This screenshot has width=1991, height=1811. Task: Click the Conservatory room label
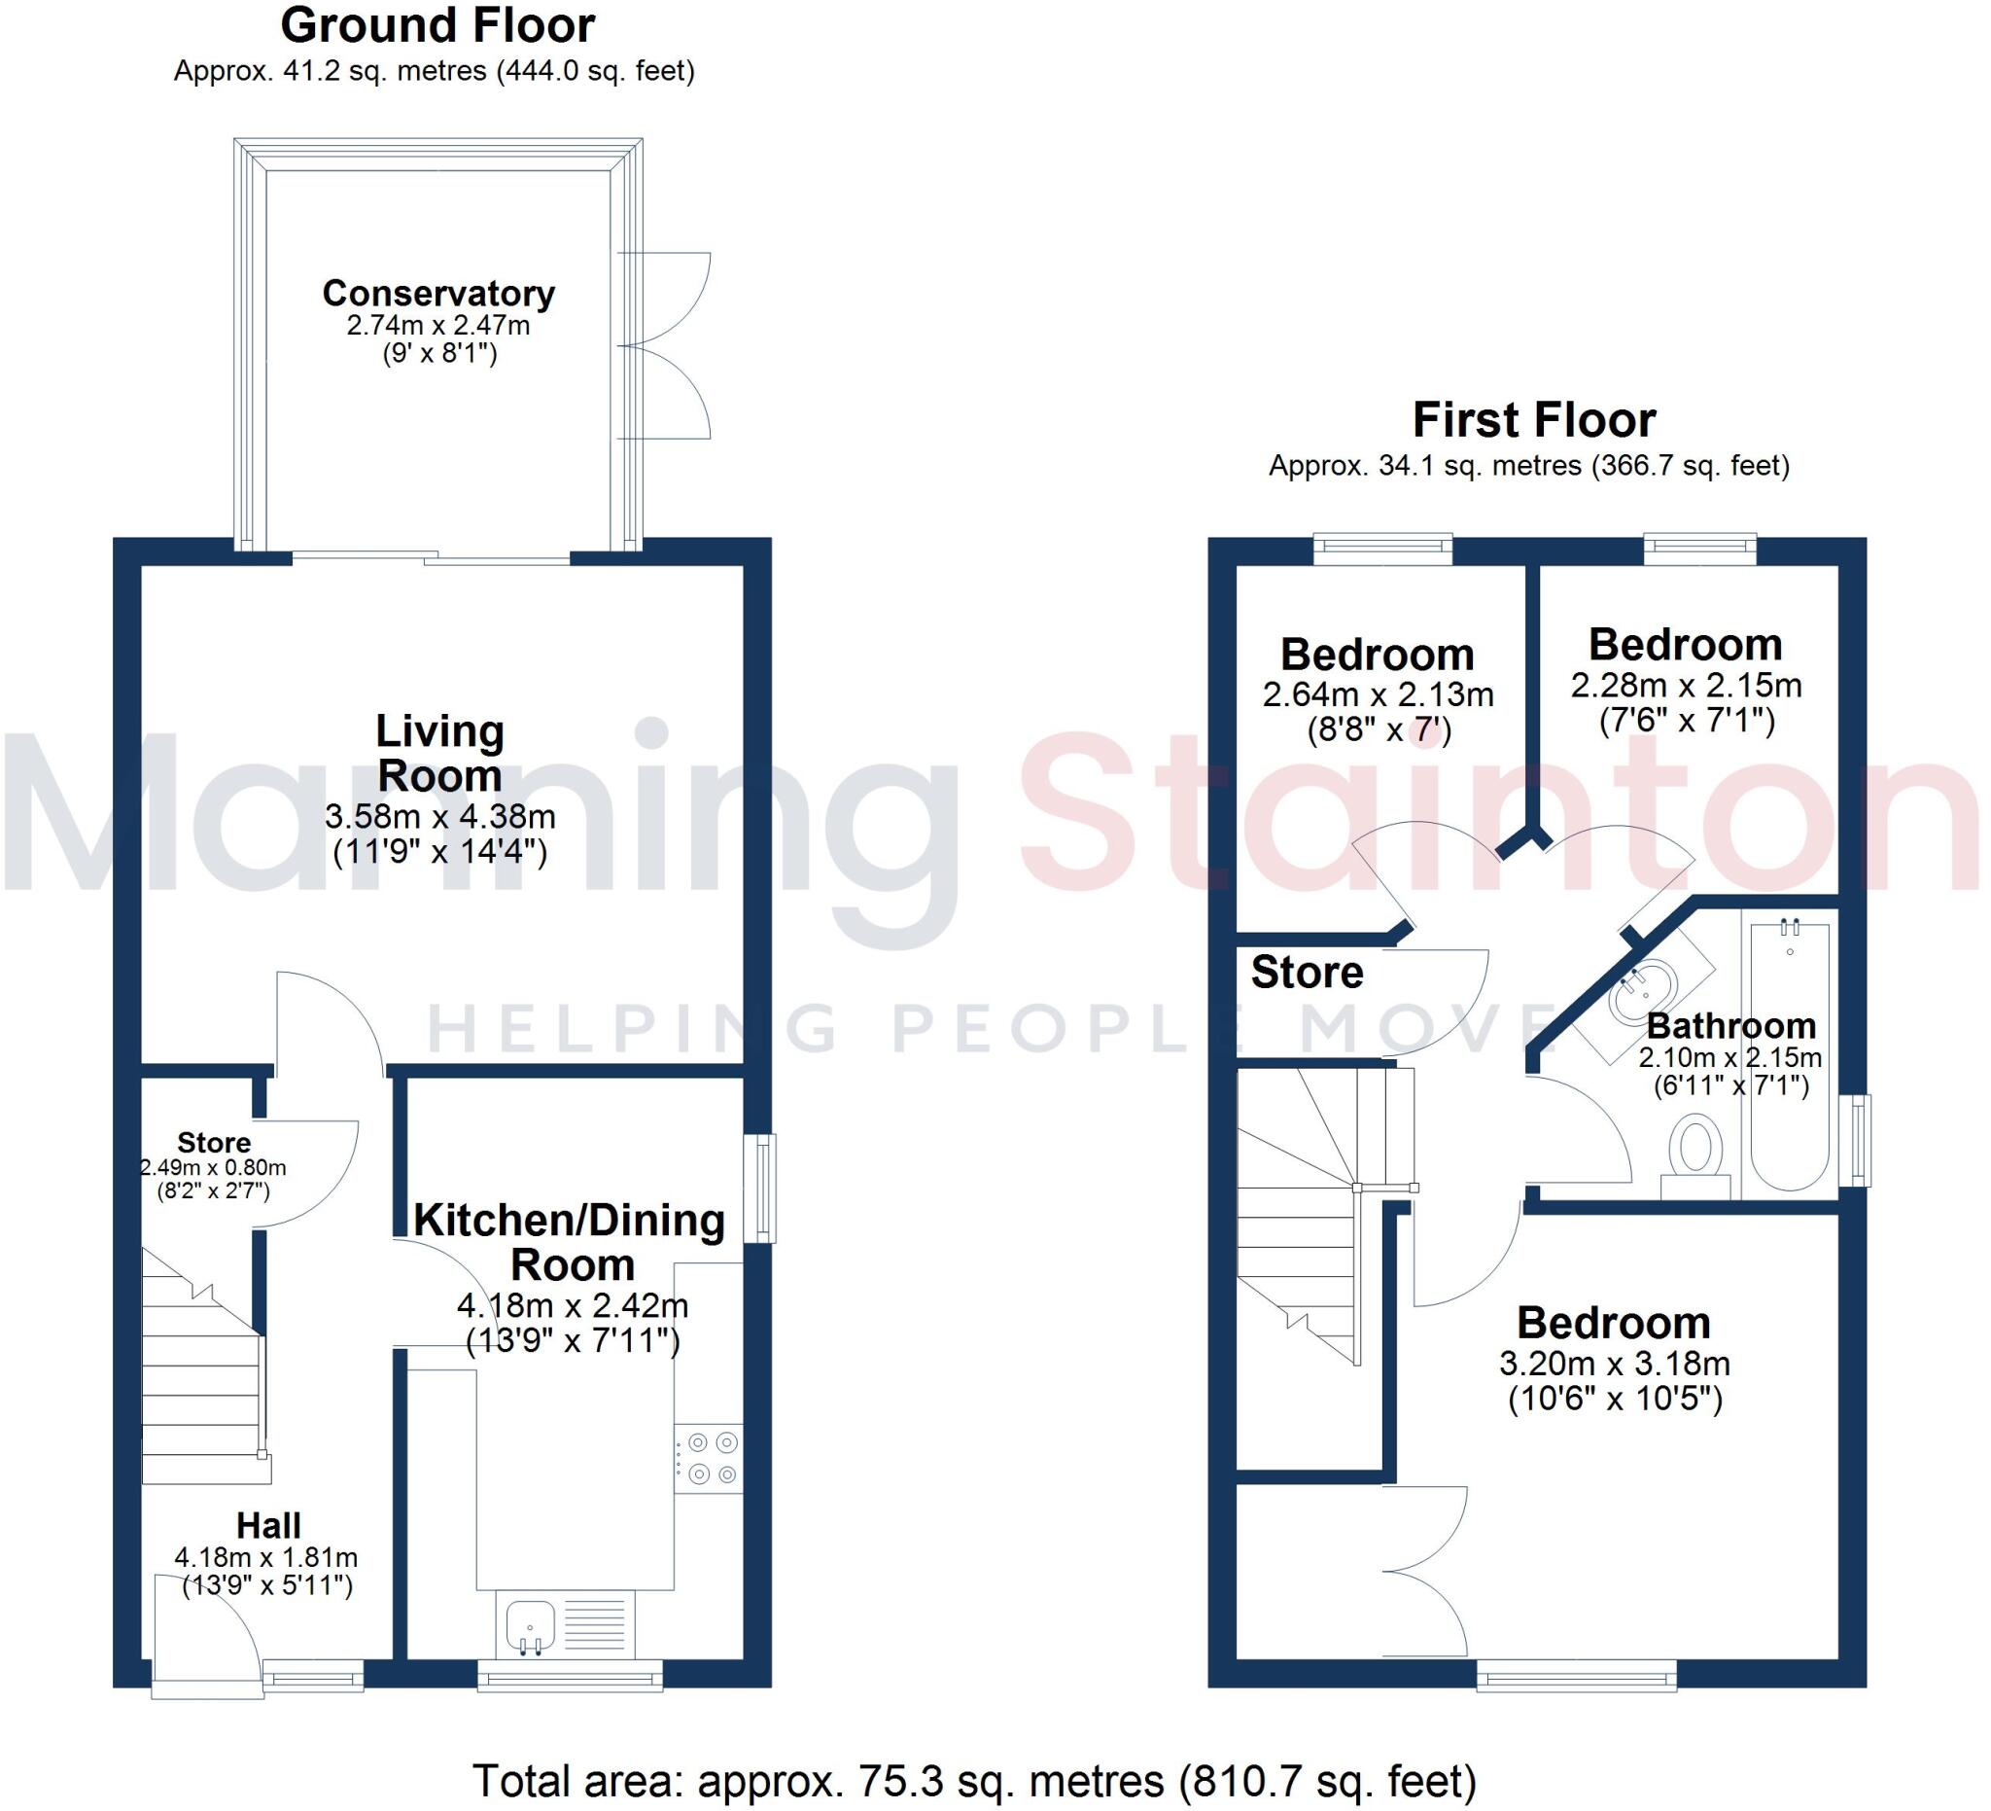pos(438,294)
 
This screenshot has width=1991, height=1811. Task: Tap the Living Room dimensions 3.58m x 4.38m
pos(439,817)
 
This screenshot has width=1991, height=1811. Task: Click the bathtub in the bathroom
pos(1791,1052)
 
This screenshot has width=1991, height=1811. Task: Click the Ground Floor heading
pos(437,25)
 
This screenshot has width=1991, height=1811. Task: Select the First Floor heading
pos(1534,420)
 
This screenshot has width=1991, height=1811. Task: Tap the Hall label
pos(268,1526)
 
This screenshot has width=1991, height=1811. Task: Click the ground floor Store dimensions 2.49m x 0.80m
pos(213,1168)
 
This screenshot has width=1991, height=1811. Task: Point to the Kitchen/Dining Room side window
pos(759,1189)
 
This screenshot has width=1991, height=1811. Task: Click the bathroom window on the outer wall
pos(1860,1141)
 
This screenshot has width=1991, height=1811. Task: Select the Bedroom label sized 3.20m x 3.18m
pos(1614,1323)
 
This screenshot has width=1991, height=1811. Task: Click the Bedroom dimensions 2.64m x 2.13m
pos(1378,694)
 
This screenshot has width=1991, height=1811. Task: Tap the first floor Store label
pos(1307,974)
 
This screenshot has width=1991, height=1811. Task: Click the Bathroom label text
pos(1730,1025)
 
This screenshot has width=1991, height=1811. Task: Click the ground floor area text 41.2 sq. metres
pos(435,71)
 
